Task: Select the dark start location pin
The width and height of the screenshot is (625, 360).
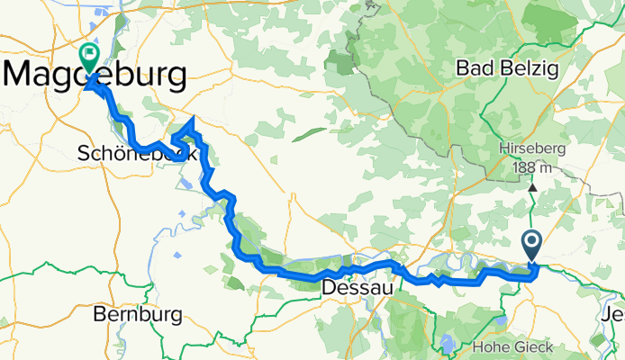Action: tap(530, 244)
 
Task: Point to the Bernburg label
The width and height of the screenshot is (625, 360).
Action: tap(138, 315)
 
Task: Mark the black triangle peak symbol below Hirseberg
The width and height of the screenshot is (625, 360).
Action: tap(532, 187)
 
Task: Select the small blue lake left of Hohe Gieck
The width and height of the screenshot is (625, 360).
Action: tap(447, 343)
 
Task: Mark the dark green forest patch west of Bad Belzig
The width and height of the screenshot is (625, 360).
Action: tap(341, 62)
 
